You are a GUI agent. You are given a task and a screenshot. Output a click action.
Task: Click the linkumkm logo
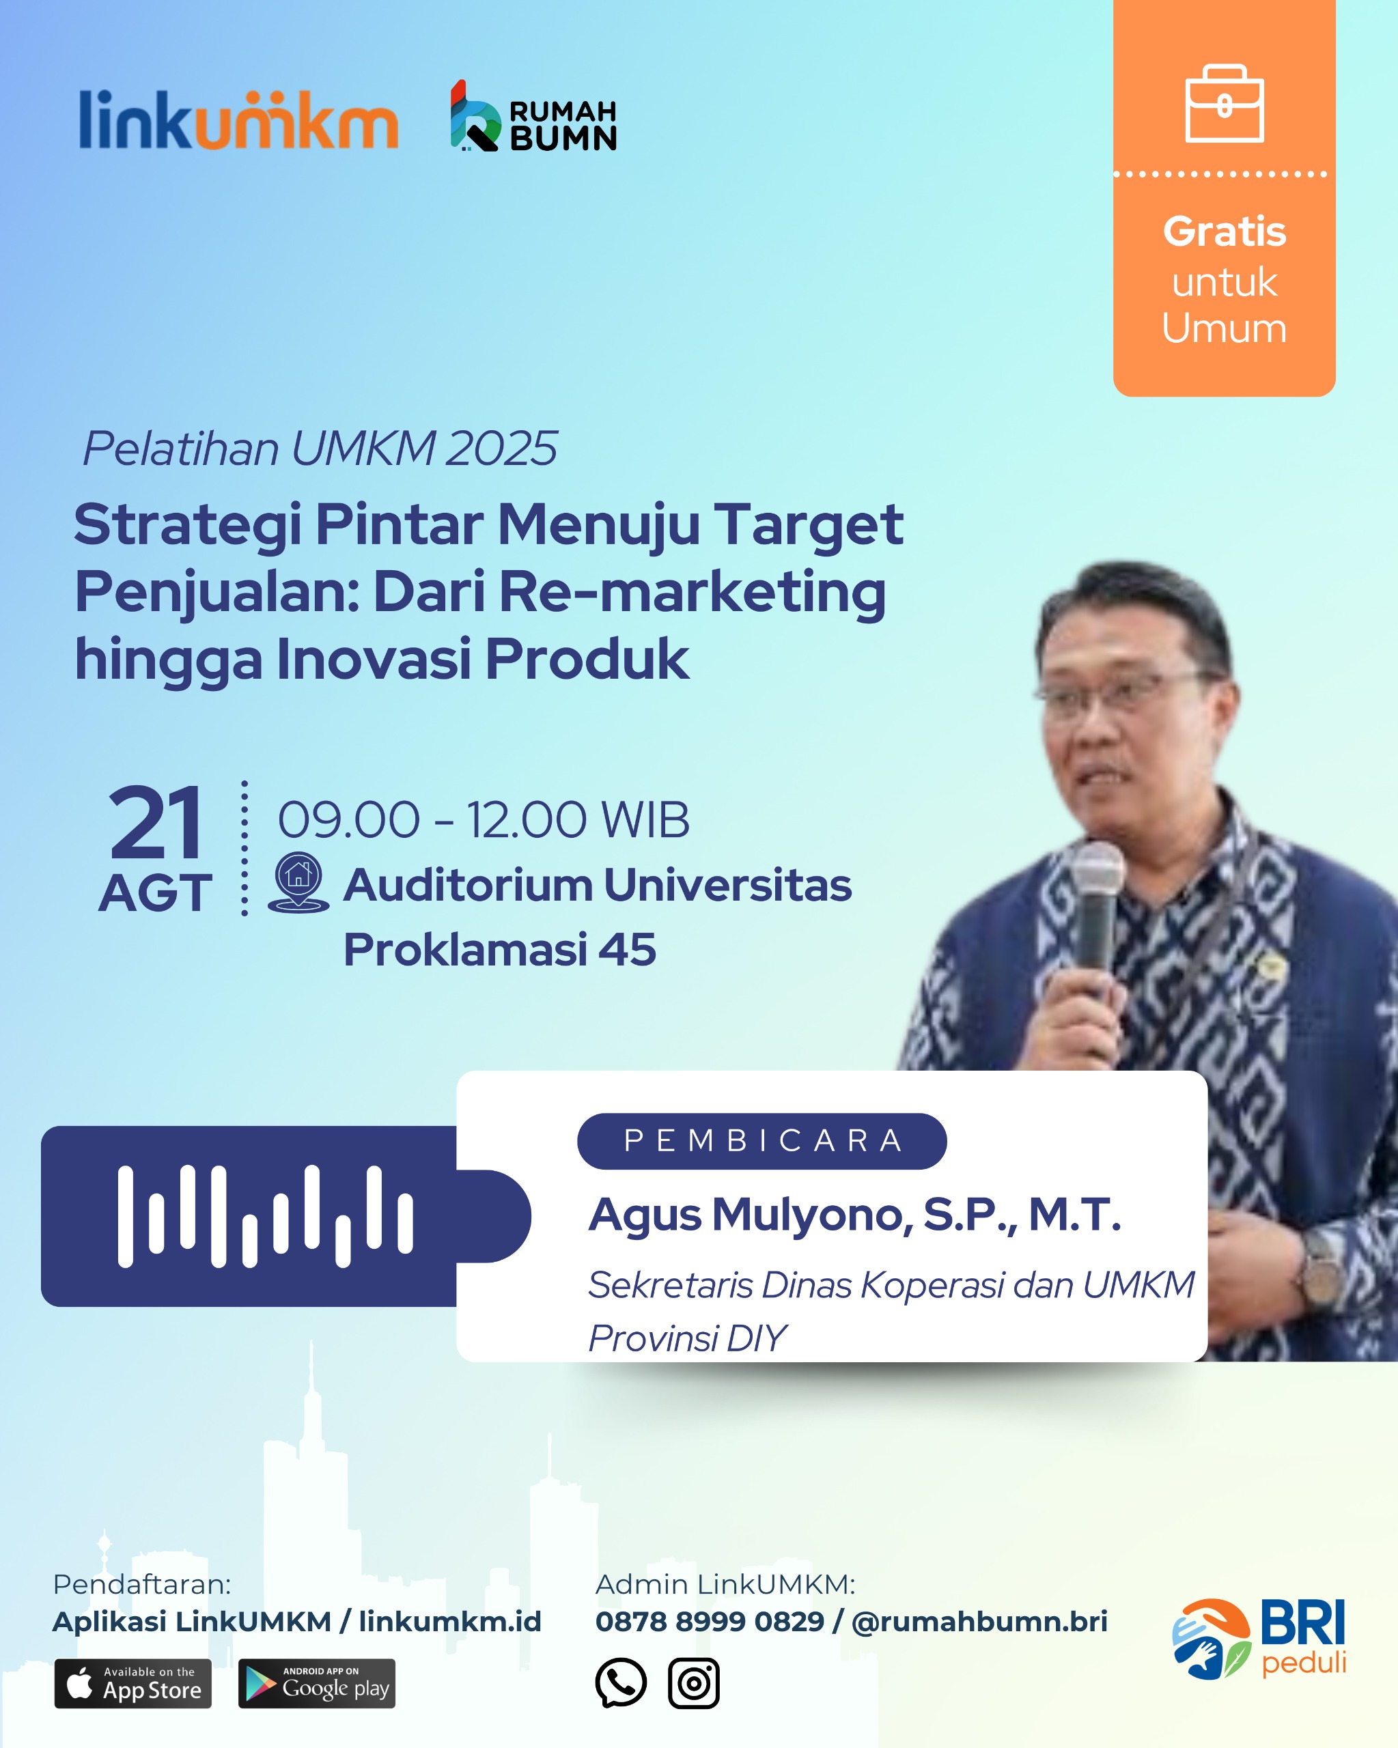tap(238, 119)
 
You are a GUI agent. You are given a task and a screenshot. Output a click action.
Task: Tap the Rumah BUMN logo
tap(533, 116)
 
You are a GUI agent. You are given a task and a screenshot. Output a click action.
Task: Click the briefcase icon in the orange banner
tap(1225, 103)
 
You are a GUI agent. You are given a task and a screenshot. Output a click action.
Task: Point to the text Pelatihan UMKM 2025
tap(320, 449)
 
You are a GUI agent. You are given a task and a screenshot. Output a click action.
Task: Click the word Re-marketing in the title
tap(693, 592)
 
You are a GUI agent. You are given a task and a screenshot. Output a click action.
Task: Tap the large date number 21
tap(155, 823)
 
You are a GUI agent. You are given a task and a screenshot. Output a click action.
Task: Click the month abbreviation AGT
tap(155, 893)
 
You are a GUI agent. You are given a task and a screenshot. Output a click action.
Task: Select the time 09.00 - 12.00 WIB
tap(484, 819)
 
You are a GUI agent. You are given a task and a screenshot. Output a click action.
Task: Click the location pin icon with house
tap(298, 882)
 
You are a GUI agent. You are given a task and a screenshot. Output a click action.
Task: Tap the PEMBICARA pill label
tap(762, 1141)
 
